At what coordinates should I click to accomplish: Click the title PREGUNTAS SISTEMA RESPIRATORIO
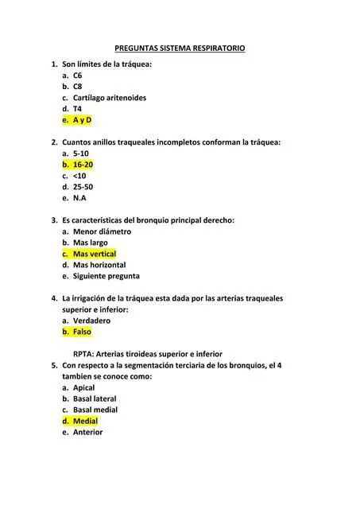coord(180,49)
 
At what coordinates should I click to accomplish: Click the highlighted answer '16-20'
coord(83,165)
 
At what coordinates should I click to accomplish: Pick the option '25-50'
coord(83,187)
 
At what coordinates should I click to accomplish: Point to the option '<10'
coord(79,176)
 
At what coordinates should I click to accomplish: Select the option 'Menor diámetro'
coord(102,231)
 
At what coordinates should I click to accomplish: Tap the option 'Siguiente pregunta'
coord(106,276)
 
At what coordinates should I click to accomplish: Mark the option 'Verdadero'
coord(91,321)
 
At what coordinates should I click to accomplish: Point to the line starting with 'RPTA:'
coord(147,354)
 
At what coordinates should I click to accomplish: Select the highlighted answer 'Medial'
coord(84,421)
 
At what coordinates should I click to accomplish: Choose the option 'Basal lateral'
coord(95,398)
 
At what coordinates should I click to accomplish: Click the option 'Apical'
coord(83,387)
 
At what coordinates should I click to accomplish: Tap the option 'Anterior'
coord(87,432)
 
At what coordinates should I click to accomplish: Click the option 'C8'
coord(77,87)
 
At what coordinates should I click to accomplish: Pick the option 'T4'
coord(77,109)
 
